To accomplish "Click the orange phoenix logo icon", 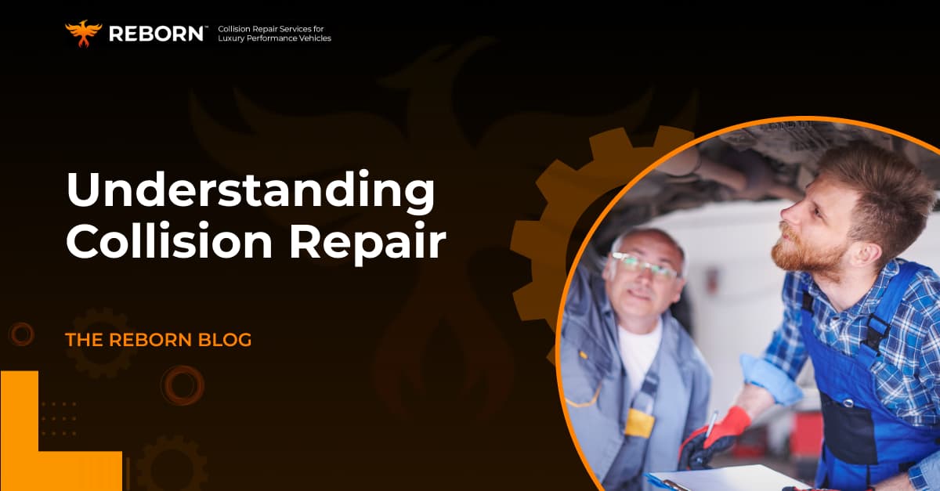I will [x=83, y=34].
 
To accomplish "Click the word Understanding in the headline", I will [x=251, y=191].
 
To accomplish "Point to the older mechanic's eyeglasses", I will [x=644, y=265].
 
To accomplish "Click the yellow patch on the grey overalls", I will [x=639, y=422].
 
